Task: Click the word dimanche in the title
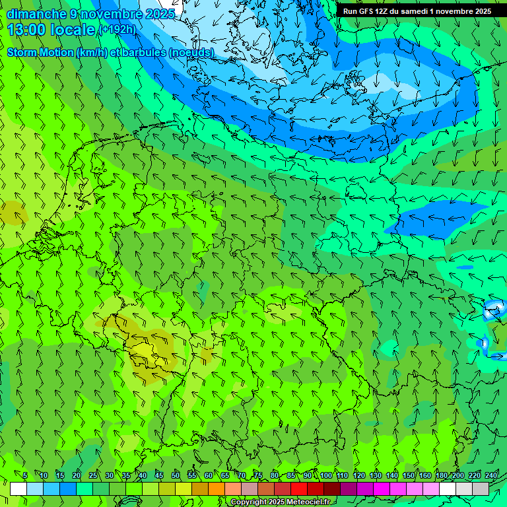click(x=36, y=14)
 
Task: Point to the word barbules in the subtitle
click(x=147, y=52)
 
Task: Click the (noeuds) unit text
click(x=191, y=52)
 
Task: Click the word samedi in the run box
click(x=413, y=11)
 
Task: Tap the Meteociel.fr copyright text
click(x=280, y=502)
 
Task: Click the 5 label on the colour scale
click(x=25, y=475)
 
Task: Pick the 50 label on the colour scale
click(x=175, y=475)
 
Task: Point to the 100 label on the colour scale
click(x=325, y=475)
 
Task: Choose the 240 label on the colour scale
click(x=490, y=475)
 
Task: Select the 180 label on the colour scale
click(x=441, y=475)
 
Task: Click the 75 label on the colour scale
click(x=258, y=475)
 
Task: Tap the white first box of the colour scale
click(x=18, y=489)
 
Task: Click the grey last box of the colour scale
click(x=481, y=489)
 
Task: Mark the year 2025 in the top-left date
click(x=160, y=14)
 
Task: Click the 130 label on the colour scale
click(x=375, y=475)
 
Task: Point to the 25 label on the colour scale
click(x=92, y=475)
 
